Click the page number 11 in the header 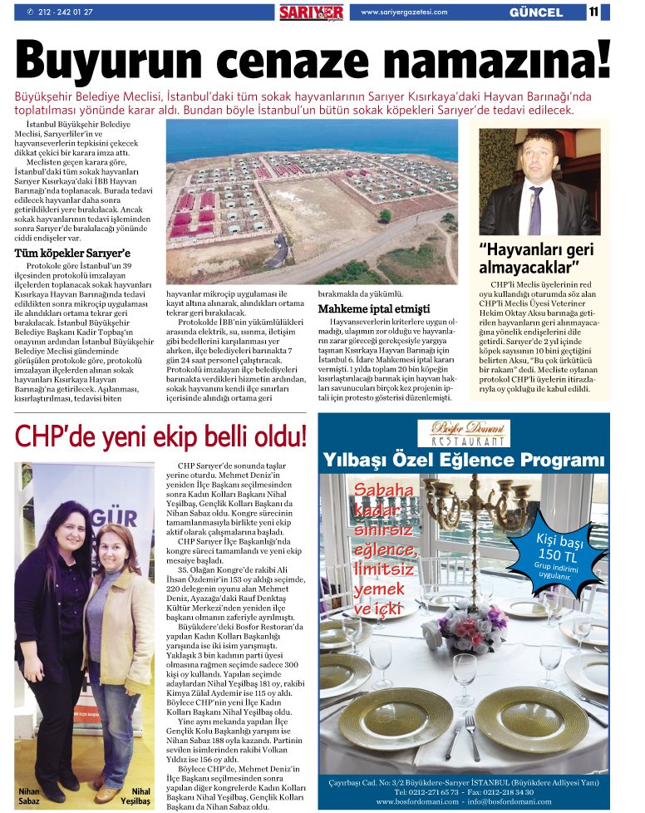pyautogui.click(x=594, y=12)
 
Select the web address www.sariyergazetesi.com pyautogui.click(x=404, y=12)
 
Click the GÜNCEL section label pyautogui.click(x=535, y=12)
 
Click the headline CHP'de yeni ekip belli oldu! pyautogui.click(x=160, y=435)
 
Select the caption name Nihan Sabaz pyautogui.click(x=30, y=796)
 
